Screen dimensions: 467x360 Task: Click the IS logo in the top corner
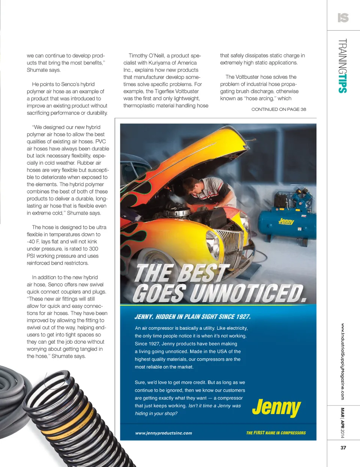tap(343, 18)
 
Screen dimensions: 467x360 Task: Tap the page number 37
tap(343, 447)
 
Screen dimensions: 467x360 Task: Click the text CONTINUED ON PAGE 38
tap(279, 109)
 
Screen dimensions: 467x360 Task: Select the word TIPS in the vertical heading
tap(342, 83)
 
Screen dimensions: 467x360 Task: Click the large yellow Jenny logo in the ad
tap(276, 407)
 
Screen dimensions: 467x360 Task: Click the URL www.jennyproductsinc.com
tap(163, 433)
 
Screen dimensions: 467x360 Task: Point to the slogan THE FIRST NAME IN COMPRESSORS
tap(276, 433)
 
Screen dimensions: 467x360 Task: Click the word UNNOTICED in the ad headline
tap(248, 293)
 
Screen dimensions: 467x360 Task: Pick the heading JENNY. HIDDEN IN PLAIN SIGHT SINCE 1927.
tap(192, 317)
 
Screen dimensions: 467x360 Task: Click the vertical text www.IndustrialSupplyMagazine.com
tap(342, 362)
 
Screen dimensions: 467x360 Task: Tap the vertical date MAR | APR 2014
tap(342, 423)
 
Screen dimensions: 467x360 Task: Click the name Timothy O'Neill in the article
tap(146, 56)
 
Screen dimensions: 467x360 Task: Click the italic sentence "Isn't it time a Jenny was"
tap(214, 406)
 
